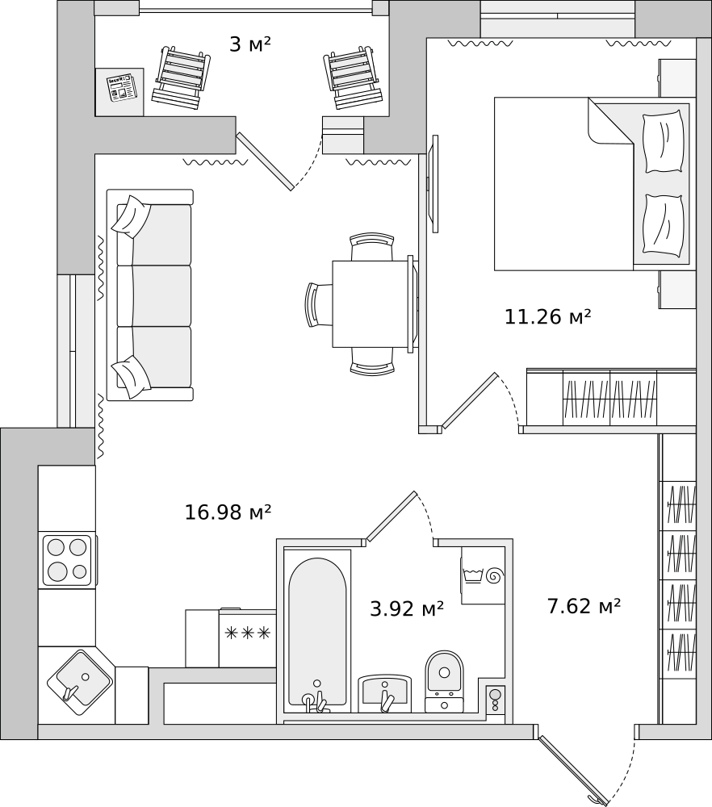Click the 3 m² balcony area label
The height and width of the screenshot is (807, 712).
249,44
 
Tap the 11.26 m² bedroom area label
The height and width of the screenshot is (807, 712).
547,317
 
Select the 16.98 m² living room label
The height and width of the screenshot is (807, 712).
228,512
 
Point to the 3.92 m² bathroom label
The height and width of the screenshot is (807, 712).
407,609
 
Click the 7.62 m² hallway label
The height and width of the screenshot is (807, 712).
584,606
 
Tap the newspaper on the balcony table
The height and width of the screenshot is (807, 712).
122,87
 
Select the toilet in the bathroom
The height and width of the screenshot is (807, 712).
444,678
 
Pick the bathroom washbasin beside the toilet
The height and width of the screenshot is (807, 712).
384,692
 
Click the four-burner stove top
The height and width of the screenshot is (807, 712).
67,560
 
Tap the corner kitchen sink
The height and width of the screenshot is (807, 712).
79,680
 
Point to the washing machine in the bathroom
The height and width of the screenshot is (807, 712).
483,575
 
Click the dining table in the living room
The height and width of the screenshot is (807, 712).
371,303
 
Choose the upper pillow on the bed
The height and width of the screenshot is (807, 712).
663,141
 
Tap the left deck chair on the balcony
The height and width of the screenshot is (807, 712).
180,77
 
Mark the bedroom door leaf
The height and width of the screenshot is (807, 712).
469,400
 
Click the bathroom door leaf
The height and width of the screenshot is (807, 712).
392,516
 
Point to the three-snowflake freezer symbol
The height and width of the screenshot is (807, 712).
247,633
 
